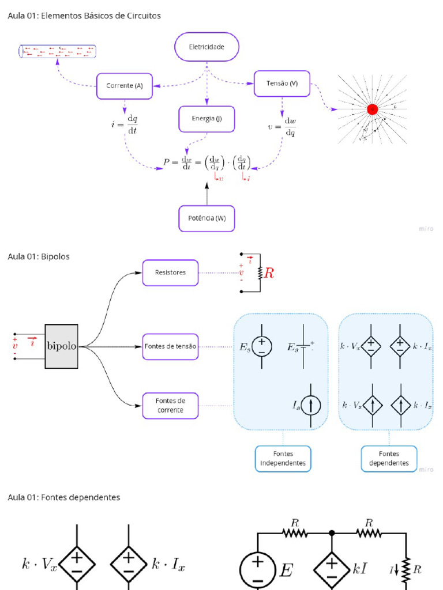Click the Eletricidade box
(x=207, y=47)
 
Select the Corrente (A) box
(x=125, y=86)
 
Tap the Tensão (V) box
(x=282, y=84)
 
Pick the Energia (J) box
(x=207, y=119)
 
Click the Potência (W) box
(x=207, y=218)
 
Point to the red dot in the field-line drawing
(x=373, y=108)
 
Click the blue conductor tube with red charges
(x=58, y=51)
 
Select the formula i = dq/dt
(x=125, y=123)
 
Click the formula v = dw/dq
(x=282, y=127)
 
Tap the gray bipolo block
(x=62, y=346)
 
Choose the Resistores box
(x=170, y=273)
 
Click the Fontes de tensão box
(x=170, y=347)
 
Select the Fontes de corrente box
(x=170, y=405)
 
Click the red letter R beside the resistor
(x=268, y=273)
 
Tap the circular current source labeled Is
(x=311, y=406)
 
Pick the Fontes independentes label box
(x=283, y=459)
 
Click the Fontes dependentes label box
(x=389, y=459)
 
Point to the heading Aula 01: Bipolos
(x=39, y=256)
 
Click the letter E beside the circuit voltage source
(x=285, y=571)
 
